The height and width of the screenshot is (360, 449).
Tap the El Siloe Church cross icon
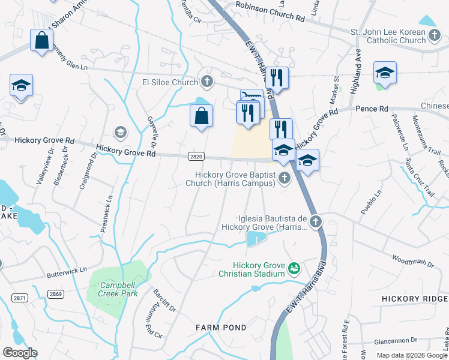coord(206,82)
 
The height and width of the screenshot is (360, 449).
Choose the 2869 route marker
coord(56,294)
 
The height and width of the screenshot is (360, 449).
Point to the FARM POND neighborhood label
coord(221,328)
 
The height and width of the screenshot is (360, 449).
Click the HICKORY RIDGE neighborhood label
coord(415,298)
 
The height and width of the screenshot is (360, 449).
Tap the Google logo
coord(20,353)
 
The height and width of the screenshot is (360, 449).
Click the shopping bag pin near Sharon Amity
coord(42,41)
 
